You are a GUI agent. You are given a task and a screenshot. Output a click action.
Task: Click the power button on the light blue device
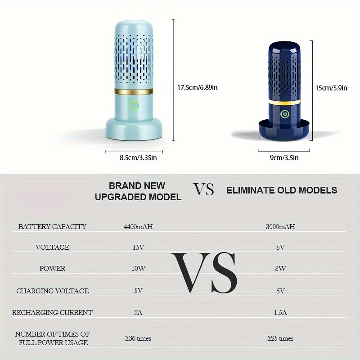[134, 106]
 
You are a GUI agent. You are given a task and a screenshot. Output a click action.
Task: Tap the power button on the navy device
[285, 114]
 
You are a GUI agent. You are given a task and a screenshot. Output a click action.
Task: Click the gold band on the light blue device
[134, 91]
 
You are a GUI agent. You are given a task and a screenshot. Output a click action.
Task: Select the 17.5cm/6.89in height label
[197, 87]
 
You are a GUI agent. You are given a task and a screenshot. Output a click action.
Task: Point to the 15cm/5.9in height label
[331, 88]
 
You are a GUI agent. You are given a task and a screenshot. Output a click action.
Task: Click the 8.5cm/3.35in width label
[138, 158]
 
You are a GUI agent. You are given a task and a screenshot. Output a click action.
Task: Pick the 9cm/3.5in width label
[284, 158]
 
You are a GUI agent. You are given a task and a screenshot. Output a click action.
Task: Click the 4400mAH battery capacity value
[138, 227]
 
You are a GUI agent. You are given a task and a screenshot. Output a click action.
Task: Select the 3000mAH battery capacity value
[280, 227]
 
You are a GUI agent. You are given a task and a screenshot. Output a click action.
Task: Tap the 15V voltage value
[138, 247]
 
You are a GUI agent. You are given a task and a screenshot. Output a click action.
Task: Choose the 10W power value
[138, 268]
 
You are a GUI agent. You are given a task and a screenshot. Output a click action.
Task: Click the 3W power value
[280, 268]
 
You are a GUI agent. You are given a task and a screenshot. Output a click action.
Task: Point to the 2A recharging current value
[138, 312]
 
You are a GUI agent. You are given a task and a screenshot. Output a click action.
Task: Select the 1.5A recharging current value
[280, 312]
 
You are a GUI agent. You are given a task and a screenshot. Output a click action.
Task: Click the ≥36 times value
[138, 338]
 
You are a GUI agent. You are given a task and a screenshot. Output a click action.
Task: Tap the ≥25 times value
[280, 338]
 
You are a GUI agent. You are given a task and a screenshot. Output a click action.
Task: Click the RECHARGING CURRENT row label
[52, 312]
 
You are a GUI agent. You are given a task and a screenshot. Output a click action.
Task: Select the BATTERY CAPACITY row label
[52, 227]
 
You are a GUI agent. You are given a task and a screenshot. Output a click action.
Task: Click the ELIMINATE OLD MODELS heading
[282, 190]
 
